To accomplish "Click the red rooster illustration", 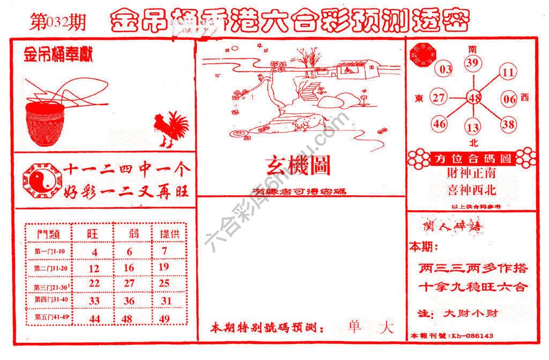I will click(x=171, y=129).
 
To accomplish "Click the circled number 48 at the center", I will click(x=474, y=98).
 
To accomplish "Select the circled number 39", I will click(x=472, y=63).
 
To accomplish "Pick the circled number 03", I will click(x=445, y=69).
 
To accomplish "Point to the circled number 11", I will click(x=508, y=72).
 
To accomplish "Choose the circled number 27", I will click(x=440, y=98).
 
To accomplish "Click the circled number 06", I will click(x=509, y=99).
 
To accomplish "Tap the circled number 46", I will click(x=440, y=124).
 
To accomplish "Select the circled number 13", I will click(x=472, y=127).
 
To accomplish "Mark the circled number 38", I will click(x=508, y=124).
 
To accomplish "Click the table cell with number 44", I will click(x=94, y=319).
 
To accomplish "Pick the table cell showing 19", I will click(x=164, y=267).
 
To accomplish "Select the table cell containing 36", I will click(x=129, y=301).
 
